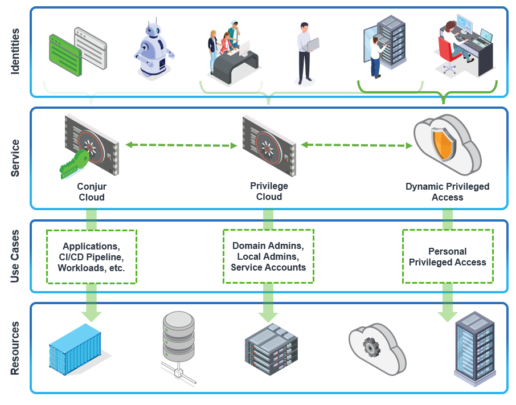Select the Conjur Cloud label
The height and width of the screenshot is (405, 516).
tap(92, 192)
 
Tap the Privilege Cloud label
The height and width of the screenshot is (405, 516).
tap(269, 191)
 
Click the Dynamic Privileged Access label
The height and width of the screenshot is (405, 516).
tap(447, 192)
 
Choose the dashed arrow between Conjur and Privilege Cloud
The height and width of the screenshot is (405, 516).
tap(181, 145)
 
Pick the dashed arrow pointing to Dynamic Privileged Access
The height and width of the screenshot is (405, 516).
tap(357, 145)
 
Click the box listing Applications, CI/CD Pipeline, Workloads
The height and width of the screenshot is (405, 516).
tap(92, 257)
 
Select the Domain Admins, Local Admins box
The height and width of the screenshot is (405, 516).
tap(268, 256)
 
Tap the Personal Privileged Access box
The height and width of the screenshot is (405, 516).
tap(448, 257)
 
